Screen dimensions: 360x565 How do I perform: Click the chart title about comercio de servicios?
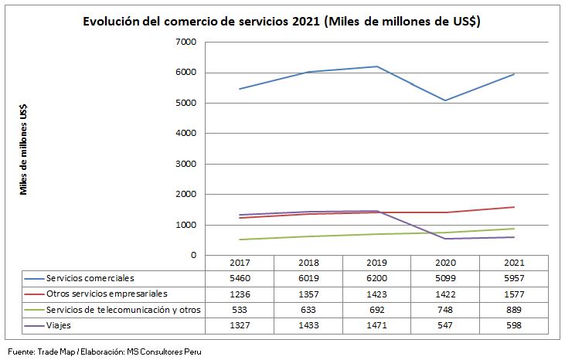point(282,22)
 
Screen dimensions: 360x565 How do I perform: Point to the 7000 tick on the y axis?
point(186,42)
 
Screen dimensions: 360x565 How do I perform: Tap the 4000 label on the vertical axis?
point(186,134)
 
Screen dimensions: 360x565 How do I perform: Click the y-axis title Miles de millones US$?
point(25,149)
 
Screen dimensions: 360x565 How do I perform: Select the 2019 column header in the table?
point(376,263)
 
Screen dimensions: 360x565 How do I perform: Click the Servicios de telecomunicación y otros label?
point(123,310)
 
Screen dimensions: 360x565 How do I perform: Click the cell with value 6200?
point(376,277)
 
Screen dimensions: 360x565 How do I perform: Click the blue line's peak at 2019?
point(376,66)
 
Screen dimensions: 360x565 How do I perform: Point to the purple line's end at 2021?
point(514,237)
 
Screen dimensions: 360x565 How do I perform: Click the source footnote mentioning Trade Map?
point(104,352)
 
